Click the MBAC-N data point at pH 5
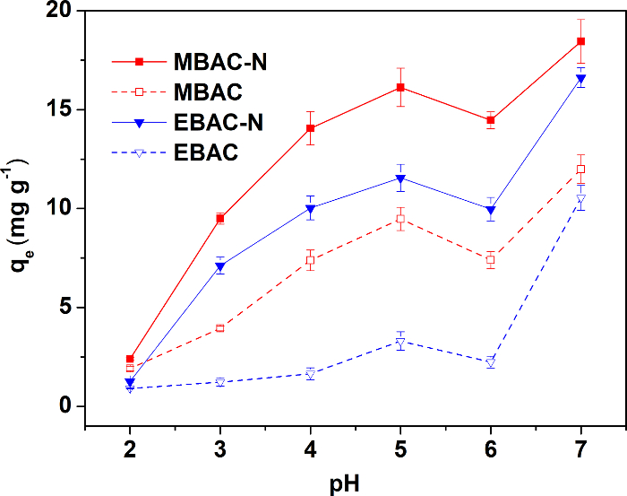(x=400, y=87)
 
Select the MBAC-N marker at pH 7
(x=580, y=41)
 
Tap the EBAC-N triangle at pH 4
(x=310, y=208)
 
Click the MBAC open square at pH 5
(x=400, y=219)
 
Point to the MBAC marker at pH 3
(x=219, y=328)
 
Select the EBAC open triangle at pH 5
(x=400, y=342)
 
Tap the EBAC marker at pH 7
(x=580, y=199)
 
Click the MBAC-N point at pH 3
(x=219, y=218)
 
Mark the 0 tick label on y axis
(x=65, y=406)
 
